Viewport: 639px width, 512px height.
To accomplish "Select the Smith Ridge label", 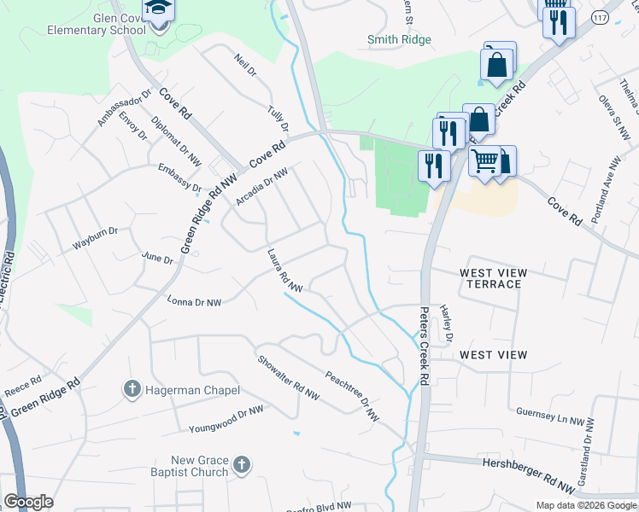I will coord(399,39).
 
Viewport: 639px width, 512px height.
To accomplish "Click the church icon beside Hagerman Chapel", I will coord(132,389).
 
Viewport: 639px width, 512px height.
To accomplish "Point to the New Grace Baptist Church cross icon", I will coord(242,465).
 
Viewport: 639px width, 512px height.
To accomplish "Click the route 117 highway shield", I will coord(601,17).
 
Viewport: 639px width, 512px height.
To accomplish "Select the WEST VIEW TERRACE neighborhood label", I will coord(493,278).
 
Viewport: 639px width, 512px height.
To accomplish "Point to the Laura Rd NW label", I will coord(285,271).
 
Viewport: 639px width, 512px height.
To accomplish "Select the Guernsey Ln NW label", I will coord(555,416).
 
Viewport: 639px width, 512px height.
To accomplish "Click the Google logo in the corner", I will coord(28,502).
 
